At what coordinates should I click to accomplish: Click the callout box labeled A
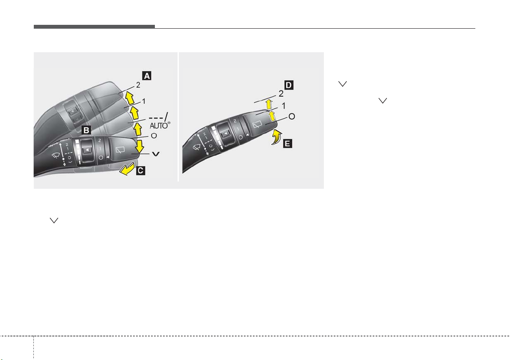[147, 76]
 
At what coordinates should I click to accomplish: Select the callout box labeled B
[86, 130]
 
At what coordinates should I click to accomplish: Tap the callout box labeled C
[140, 170]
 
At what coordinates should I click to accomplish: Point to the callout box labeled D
[288, 85]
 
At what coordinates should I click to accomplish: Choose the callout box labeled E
[288, 143]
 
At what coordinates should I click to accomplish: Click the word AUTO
[158, 126]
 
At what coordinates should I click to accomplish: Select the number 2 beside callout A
[138, 85]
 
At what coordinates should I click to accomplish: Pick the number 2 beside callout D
[281, 94]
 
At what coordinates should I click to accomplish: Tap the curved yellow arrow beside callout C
[127, 169]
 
